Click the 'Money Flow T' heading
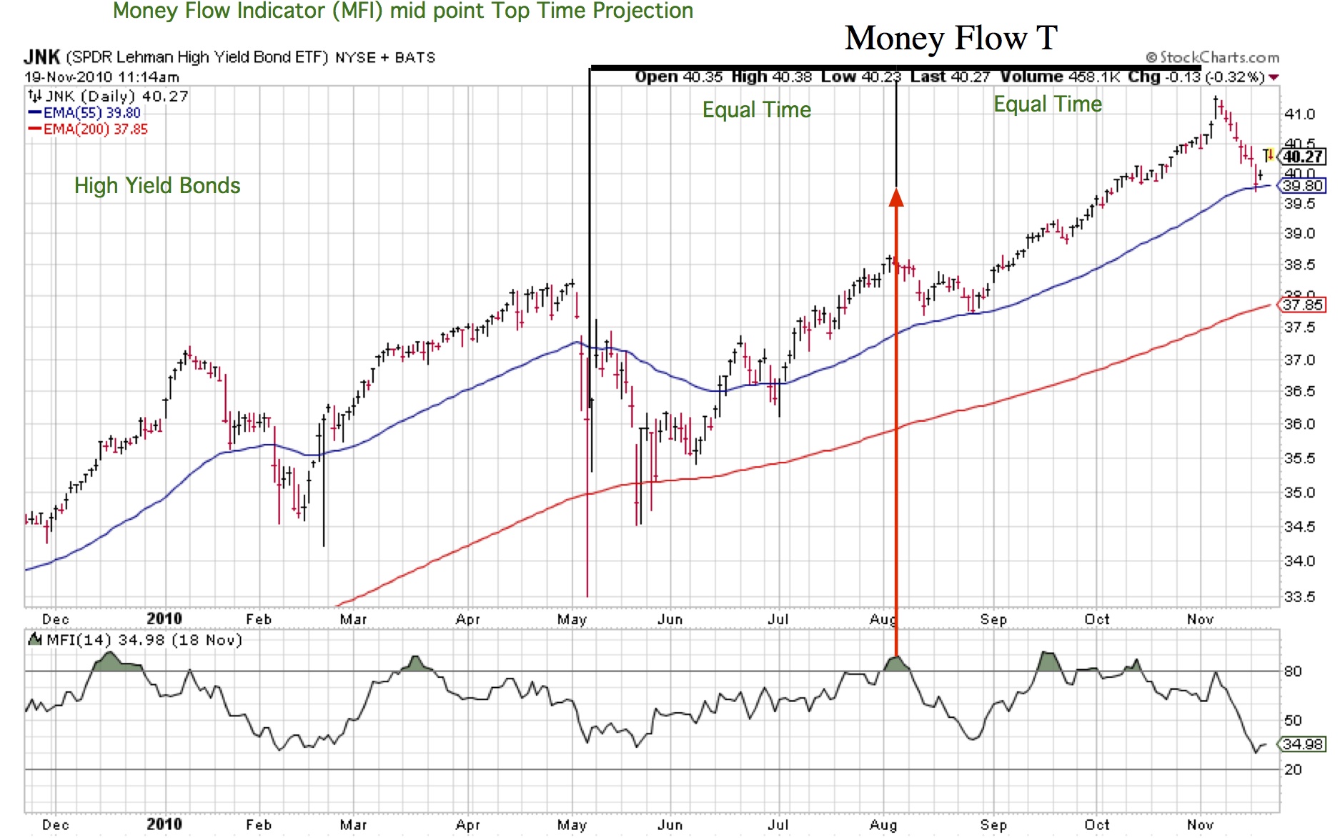(951, 38)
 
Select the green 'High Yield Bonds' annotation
(157, 186)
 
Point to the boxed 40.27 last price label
(1303, 157)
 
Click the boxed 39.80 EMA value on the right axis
(1303, 186)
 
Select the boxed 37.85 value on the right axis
(1303, 305)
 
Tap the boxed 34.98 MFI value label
(1303, 744)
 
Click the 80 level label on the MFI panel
(1293, 671)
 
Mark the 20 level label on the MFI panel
(1293, 770)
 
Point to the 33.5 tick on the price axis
(1299, 597)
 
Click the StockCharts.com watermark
(1213, 57)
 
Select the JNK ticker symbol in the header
(41, 57)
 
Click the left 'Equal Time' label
(757, 110)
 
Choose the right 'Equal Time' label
(1048, 104)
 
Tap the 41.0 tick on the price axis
(1299, 114)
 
